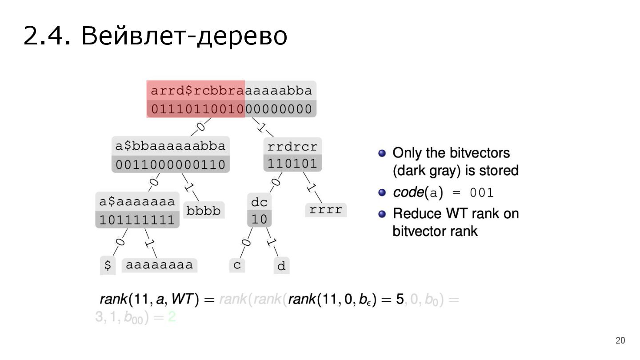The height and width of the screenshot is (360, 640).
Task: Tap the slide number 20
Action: pos(620,341)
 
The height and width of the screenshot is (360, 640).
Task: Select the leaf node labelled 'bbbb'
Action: pos(204,210)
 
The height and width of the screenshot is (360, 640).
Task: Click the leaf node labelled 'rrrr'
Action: pos(326,210)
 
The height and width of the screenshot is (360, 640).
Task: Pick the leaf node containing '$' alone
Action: pos(107,265)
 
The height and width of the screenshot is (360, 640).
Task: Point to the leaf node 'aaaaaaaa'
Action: pos(160,265)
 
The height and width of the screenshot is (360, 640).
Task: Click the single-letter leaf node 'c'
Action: pos(237,265)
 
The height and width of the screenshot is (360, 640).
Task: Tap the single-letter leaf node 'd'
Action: pos(281,266)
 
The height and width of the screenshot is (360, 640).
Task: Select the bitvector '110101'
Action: pos(292,164)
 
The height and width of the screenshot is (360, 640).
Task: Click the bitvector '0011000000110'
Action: pos(171,165)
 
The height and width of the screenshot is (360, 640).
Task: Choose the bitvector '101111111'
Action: pos(137,220)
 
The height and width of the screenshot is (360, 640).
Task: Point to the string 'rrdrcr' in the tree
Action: pos(292,146)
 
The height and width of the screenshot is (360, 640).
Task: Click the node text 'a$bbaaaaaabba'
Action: pos(171,146)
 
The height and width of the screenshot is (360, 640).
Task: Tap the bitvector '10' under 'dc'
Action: pos(260,220)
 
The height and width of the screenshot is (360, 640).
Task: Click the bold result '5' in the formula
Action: pos(400,300)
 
